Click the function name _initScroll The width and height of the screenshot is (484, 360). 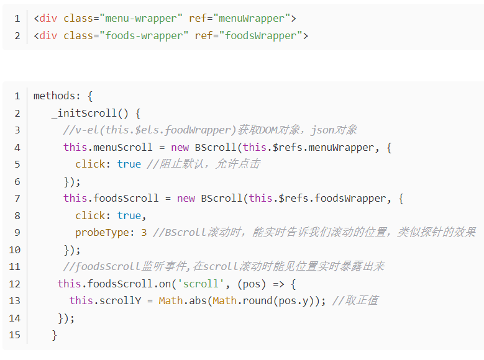84,113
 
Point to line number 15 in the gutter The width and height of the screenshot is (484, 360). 15,335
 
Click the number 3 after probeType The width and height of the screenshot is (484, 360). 144,233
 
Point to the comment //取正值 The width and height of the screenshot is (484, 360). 355,301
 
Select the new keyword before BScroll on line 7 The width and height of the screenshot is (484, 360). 186,199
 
